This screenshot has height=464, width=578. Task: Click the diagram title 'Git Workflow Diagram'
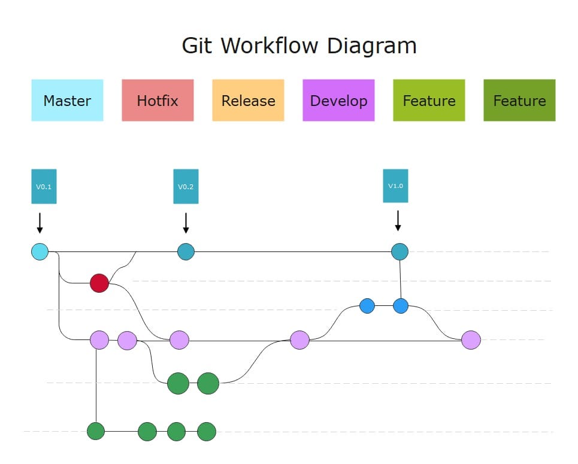point(299,46)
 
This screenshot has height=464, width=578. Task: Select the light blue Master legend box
point(67,101)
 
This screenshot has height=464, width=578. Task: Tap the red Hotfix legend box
point(158,101)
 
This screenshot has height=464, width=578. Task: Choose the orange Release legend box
point(248,101)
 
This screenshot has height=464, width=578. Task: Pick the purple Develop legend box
point(338,101)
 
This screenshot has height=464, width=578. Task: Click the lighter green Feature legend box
point(429,101)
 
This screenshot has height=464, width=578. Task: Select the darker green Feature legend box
point(519,101)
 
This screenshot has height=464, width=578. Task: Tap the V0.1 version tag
point(44,186)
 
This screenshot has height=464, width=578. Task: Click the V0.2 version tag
point(186,186)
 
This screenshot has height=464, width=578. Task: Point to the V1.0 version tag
point(395,186)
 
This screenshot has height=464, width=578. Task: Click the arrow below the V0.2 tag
point(186,223)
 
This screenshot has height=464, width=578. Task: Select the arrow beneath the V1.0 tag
point(398,220)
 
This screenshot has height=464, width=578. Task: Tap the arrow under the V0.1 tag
point(40,223)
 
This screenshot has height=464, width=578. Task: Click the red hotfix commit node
point(99,283)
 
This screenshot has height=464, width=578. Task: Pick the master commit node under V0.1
point(40,252)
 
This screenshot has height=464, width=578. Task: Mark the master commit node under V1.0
point(400,251)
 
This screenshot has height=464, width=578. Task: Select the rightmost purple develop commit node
point(471,340)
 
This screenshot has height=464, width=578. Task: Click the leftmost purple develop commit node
point(99,340)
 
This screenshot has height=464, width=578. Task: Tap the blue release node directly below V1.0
point(401,306)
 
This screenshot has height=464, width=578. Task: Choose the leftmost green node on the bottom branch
point(96,431)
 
